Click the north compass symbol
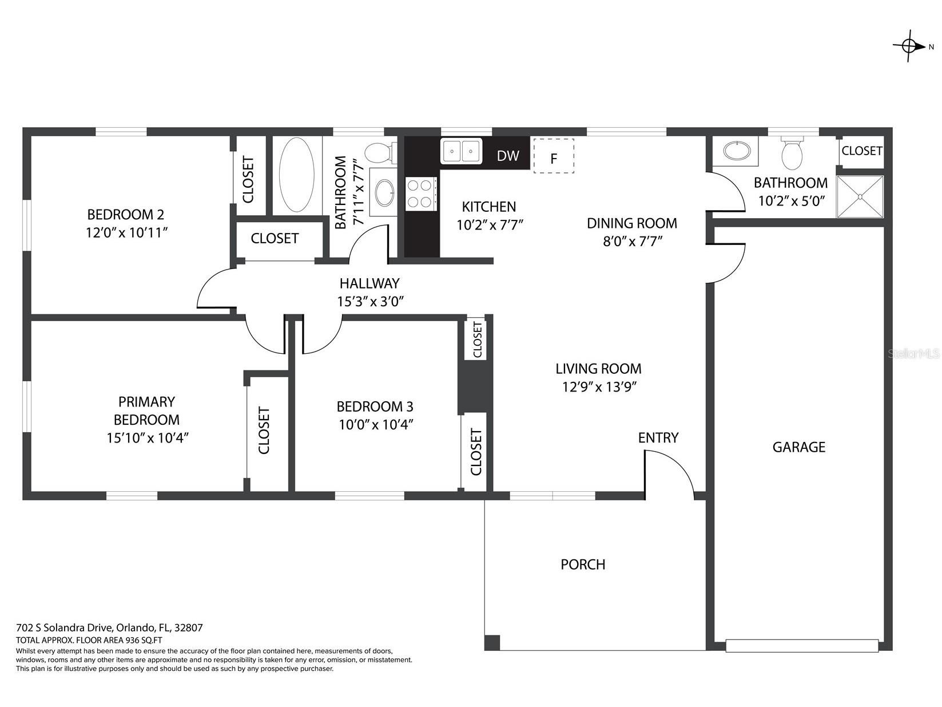coord(910,46)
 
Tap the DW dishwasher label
coord(507,156)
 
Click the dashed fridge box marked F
coord(553,156)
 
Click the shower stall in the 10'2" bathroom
coord(860,197)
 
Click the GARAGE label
coord(798,447)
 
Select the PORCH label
coord(582,564)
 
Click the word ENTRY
coord(658,438)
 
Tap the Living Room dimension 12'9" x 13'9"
coord(599,387)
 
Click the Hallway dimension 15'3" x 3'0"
coord(371,302)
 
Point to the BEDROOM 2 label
coord(125,215)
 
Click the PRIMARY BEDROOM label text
coord(146,410)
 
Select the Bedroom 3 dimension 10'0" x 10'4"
coord(375,425)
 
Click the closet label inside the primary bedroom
coord(264,430)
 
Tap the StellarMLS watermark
coord(913,354)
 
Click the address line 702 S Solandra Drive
coord(109,627)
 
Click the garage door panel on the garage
coord(802,646)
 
